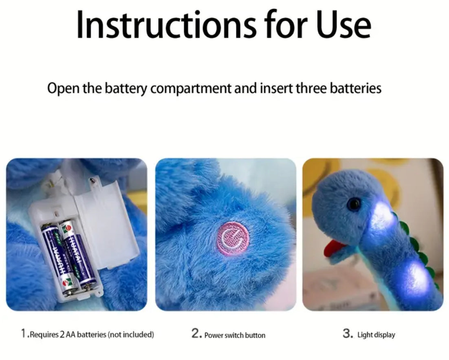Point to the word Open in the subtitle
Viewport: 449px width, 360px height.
63,88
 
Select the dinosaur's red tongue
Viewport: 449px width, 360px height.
333,247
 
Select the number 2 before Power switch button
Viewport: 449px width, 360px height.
195,333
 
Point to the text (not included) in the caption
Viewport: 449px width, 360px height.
131,334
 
